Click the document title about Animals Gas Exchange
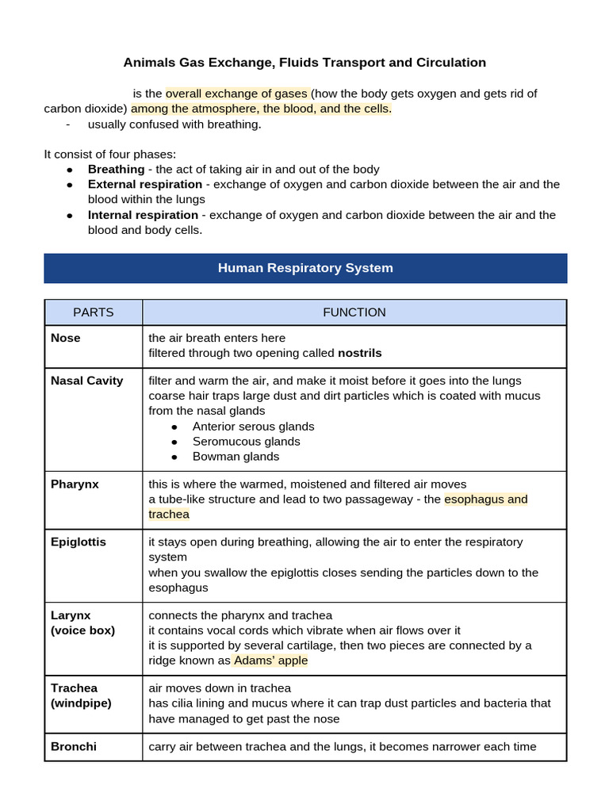click(304, 62)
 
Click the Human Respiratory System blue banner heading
click(305, 268)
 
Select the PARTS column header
click(94, 312)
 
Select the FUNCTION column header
click(354, 312)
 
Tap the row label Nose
click(66, 338)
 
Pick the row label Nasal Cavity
click(87, 381)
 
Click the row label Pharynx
click(75, 484)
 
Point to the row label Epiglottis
click(79, 542)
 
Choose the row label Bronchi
click(73, 746)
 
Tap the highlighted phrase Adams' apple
click(270, 661)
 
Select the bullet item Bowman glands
click(236, 457)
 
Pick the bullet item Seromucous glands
click(246, 442)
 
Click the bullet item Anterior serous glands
click(253, 427)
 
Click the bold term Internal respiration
click(143, 215)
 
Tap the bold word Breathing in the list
click(116, 169)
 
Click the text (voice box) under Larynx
click(82, 630)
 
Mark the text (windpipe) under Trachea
click(81, 703)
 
